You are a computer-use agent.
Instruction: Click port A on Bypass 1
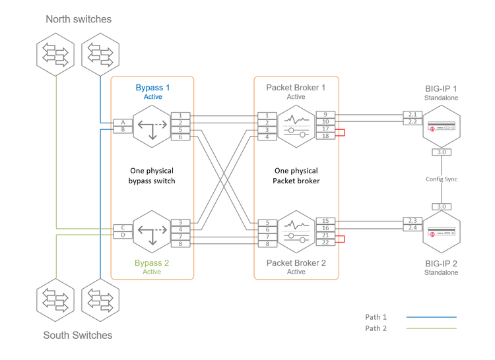coord(123,123)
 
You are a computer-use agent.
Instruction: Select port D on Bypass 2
coord(123,235)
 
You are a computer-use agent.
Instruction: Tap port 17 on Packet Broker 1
coord(325,129)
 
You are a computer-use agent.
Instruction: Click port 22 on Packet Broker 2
coord(325,243)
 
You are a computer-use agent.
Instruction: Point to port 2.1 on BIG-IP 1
coord(412,115)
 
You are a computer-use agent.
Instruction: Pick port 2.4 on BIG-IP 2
coord(412,228)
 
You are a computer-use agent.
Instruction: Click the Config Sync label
coord(441,179)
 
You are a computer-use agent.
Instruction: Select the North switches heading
coord(79,19)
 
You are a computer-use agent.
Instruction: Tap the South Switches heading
coord(78,335)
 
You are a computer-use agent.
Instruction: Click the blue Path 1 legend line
coord(433,317)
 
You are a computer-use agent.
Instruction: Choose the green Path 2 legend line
coord(433,328)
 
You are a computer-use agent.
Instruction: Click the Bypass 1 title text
coord(152,88)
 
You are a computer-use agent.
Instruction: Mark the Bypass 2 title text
coord(152,263)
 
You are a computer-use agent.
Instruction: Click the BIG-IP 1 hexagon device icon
coord(441,126)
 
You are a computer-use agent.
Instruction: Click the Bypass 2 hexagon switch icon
coord(152,231)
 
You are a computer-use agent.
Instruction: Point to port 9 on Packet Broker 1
coord(325,115)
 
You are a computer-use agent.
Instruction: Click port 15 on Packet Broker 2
coord(325,221)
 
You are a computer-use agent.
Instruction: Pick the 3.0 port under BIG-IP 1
coord(441,152)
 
